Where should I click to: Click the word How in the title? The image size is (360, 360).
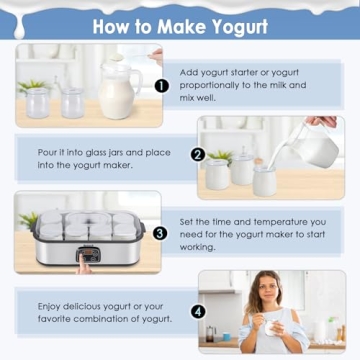tap(112, 25)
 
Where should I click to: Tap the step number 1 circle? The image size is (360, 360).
tap(160, 86)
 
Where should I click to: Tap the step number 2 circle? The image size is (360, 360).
tap(198, 155)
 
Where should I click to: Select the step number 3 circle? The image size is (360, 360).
tap(160, 233)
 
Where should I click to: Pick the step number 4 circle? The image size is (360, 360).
tap(198, 311)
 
